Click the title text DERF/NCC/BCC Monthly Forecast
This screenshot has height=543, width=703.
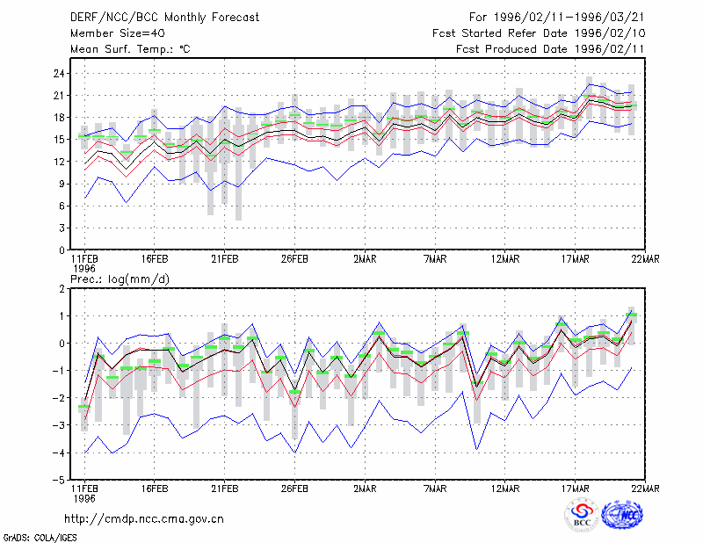[x=164, y=18]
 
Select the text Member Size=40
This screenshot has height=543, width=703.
[x=118, y=33]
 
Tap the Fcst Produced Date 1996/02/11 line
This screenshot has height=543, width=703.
[x=550, y=49]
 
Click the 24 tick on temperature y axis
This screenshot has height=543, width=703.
[x=59, y=74]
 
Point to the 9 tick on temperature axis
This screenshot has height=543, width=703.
[x=62, y=184]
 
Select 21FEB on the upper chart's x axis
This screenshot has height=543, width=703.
[x=225, y=259]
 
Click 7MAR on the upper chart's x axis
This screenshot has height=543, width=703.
[x=435, y=259]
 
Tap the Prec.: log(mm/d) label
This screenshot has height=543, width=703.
[x=120, y=279]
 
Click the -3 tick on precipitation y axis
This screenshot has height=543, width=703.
[x=59, y=425]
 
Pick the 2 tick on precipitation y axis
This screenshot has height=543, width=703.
[x=62, y=289]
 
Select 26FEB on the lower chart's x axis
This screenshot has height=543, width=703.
[x=294, y=489]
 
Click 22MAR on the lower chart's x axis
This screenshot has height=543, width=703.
[x=646, y=489]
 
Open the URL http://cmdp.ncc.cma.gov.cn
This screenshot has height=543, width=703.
[x=144, y=519]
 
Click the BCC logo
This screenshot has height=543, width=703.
[x=582, y=516]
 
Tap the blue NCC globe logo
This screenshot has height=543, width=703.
[x=622, y=516]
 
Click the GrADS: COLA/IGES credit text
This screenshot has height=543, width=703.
[x=40, y=538]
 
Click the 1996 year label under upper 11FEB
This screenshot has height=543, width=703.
[x=84, y=269]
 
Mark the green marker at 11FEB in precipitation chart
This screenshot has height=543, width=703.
[x=83, y=407]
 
